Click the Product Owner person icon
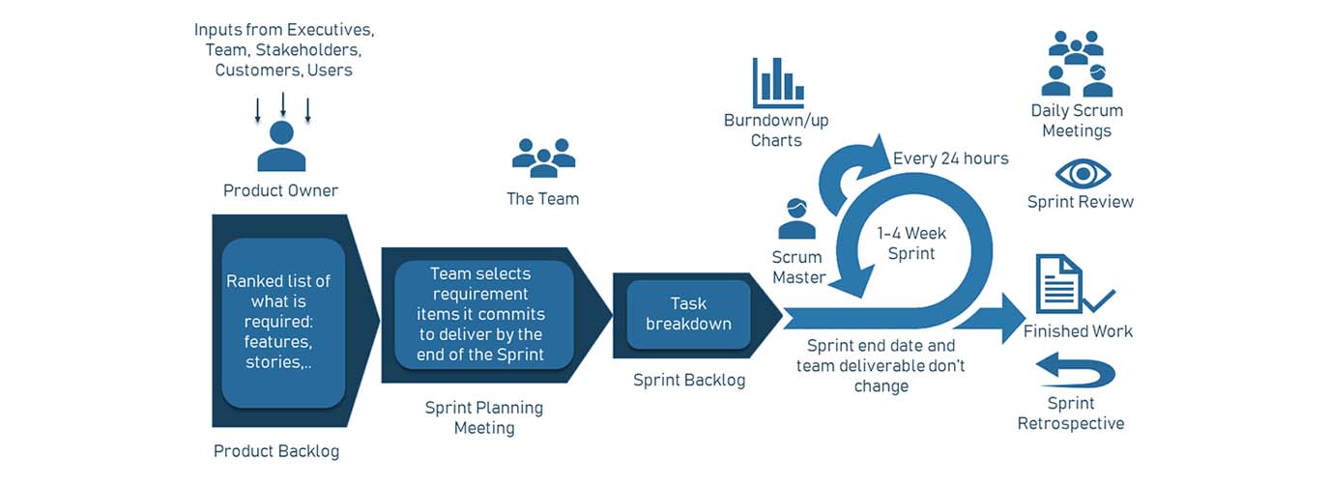(x=281, y=147)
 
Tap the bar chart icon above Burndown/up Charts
(x=778, y=82)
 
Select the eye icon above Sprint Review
(x=1083, y=174)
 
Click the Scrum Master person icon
(x=797, y=219)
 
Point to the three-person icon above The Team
(x=543, y=157)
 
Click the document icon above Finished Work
(x=1058, y=284)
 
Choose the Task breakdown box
(x=688, y=314)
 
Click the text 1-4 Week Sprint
(x=911, y=243)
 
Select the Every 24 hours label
(x=950, y=158)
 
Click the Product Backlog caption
(x=276, y=451)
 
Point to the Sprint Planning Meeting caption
(x=484, y=417)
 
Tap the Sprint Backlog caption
(x=689, y=380)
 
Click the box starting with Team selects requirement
(x=485, y=314)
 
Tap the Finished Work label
(x=1078, y=331)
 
